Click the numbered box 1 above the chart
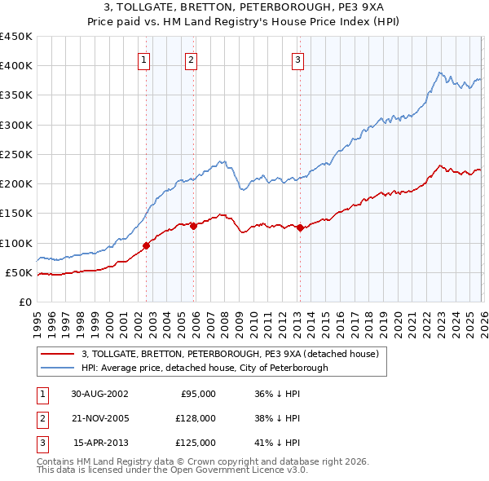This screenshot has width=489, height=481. [x=143, y=59]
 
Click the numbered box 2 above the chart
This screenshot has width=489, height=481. [x=191, y=59]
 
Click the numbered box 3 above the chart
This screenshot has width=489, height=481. [x=297, y=59]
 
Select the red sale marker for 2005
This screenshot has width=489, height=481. [x=194, y=227]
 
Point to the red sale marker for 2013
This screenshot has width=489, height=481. [x=300, y=228]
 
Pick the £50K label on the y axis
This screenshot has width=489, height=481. [x=19, y=272]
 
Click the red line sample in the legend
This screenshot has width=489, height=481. [x=59, y=355]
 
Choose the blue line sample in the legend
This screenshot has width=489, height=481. [x=59, y=368]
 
